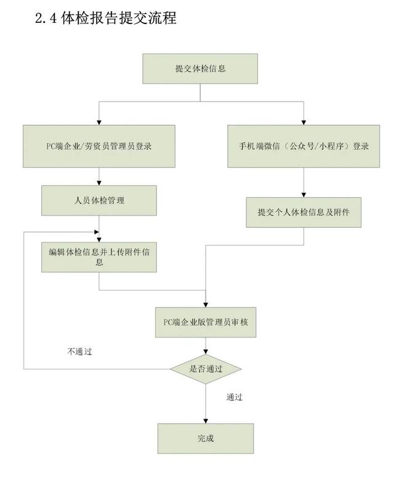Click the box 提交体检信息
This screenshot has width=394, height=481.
200,68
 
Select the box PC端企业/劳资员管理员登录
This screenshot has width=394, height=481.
98,146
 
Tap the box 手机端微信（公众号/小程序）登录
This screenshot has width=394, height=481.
304,146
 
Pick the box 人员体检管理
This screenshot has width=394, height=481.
98,200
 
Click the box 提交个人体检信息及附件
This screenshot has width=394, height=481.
304,212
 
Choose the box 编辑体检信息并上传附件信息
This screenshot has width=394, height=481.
98,256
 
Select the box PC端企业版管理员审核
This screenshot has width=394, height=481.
206,321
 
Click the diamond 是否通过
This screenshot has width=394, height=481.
205,369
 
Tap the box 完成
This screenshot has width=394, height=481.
206,439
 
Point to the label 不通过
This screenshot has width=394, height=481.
79,352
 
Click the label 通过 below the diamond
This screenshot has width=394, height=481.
235,397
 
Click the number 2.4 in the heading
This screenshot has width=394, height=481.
48,18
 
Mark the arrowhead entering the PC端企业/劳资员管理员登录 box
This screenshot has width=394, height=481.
98,122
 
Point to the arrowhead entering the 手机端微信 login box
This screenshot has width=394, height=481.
304,122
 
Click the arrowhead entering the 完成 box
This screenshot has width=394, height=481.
206,421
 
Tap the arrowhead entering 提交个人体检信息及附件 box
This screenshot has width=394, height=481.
304,195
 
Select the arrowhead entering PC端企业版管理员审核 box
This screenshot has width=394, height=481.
206,302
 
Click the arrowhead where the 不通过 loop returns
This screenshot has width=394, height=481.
95,232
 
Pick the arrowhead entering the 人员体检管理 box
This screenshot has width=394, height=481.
98,184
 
